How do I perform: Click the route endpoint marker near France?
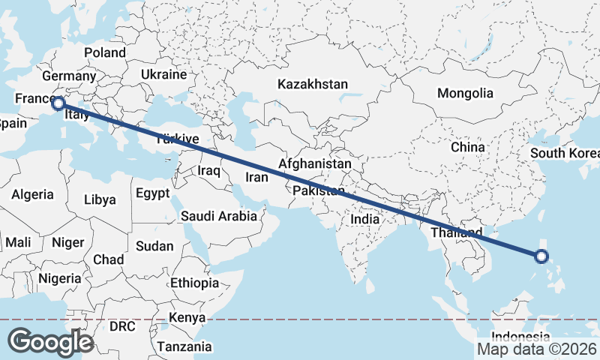coord(57,103)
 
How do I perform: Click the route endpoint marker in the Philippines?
coord(542,257)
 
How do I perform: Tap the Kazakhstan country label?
coord(312,84)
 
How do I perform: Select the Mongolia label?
coord(465,94)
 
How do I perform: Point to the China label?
coord(468,147)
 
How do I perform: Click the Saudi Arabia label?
coord(219,216)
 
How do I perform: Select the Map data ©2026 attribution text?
coord(536,349)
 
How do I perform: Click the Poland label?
coord(105,52)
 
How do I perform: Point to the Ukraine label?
coord(163,75)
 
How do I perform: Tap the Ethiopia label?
coord(194,283)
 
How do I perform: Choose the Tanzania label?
coord(184,346)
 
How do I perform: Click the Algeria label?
coord(32,194)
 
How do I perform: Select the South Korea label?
coord(565,154)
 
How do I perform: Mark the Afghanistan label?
coord(314,163)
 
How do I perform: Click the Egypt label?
coord(153,193)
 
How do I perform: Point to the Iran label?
coord(256,178)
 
